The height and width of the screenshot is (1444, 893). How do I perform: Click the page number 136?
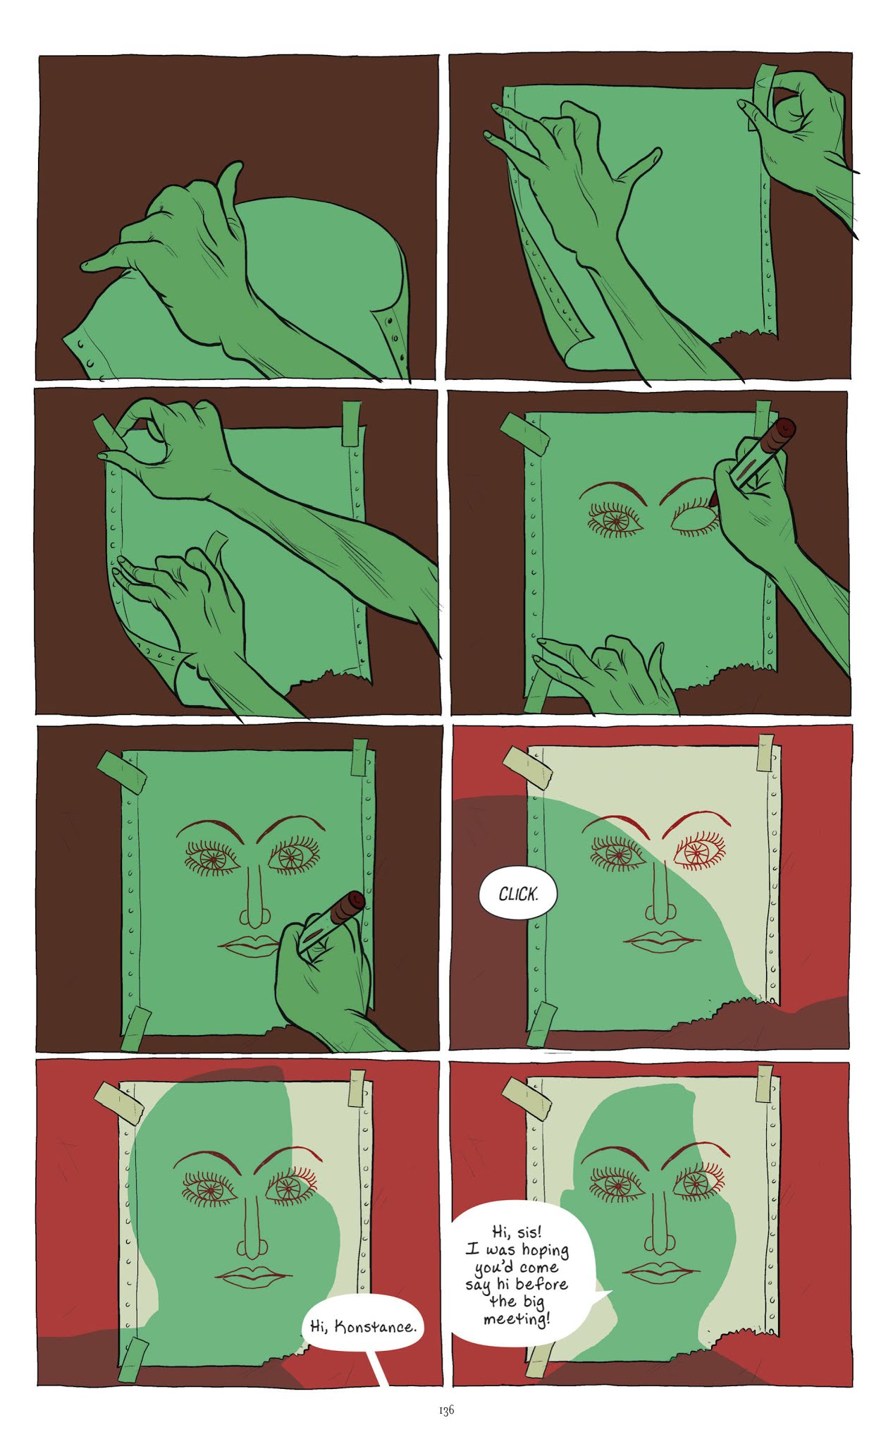pos(446,1410)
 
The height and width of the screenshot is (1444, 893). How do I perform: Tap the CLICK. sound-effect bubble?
pos(518,895)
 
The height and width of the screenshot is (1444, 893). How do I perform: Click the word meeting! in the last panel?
pos(517,1318)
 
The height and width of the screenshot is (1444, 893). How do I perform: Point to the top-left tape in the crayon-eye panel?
pos(525,432)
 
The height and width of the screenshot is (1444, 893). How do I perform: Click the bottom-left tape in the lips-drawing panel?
pos(136,1027)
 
